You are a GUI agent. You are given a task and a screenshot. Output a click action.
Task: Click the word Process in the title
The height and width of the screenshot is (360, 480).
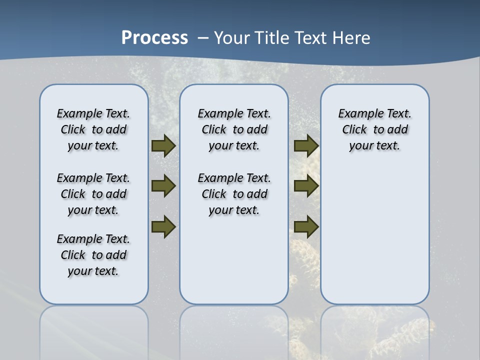154,38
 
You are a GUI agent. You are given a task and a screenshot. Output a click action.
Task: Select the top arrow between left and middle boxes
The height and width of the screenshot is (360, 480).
163,146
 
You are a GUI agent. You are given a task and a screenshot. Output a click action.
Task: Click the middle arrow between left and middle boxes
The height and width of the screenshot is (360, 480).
163,186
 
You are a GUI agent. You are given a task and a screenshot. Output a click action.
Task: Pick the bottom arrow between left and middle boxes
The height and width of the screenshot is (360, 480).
163,226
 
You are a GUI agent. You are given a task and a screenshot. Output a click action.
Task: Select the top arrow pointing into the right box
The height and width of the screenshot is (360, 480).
306,146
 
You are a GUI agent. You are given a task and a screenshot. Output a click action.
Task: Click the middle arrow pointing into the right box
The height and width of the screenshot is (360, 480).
306,186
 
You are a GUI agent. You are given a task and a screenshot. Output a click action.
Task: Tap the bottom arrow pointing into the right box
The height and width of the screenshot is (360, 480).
306,226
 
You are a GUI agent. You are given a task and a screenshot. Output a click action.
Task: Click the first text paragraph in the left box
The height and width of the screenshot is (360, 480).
93,129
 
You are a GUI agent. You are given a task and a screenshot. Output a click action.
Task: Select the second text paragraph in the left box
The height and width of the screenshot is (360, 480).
93,194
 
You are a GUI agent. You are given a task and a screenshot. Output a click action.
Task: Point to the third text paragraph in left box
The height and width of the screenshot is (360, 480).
93,255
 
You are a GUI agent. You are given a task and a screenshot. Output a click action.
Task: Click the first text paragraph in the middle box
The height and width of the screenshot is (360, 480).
234,129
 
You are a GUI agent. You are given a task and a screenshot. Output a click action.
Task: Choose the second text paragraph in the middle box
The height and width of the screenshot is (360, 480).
234,194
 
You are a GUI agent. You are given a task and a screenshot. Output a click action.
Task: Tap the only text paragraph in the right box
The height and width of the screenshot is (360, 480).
374,129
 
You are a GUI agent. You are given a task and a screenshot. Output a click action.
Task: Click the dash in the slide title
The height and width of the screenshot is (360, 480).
203,38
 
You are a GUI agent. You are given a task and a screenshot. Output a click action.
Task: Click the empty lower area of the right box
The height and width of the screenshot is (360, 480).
374,235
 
